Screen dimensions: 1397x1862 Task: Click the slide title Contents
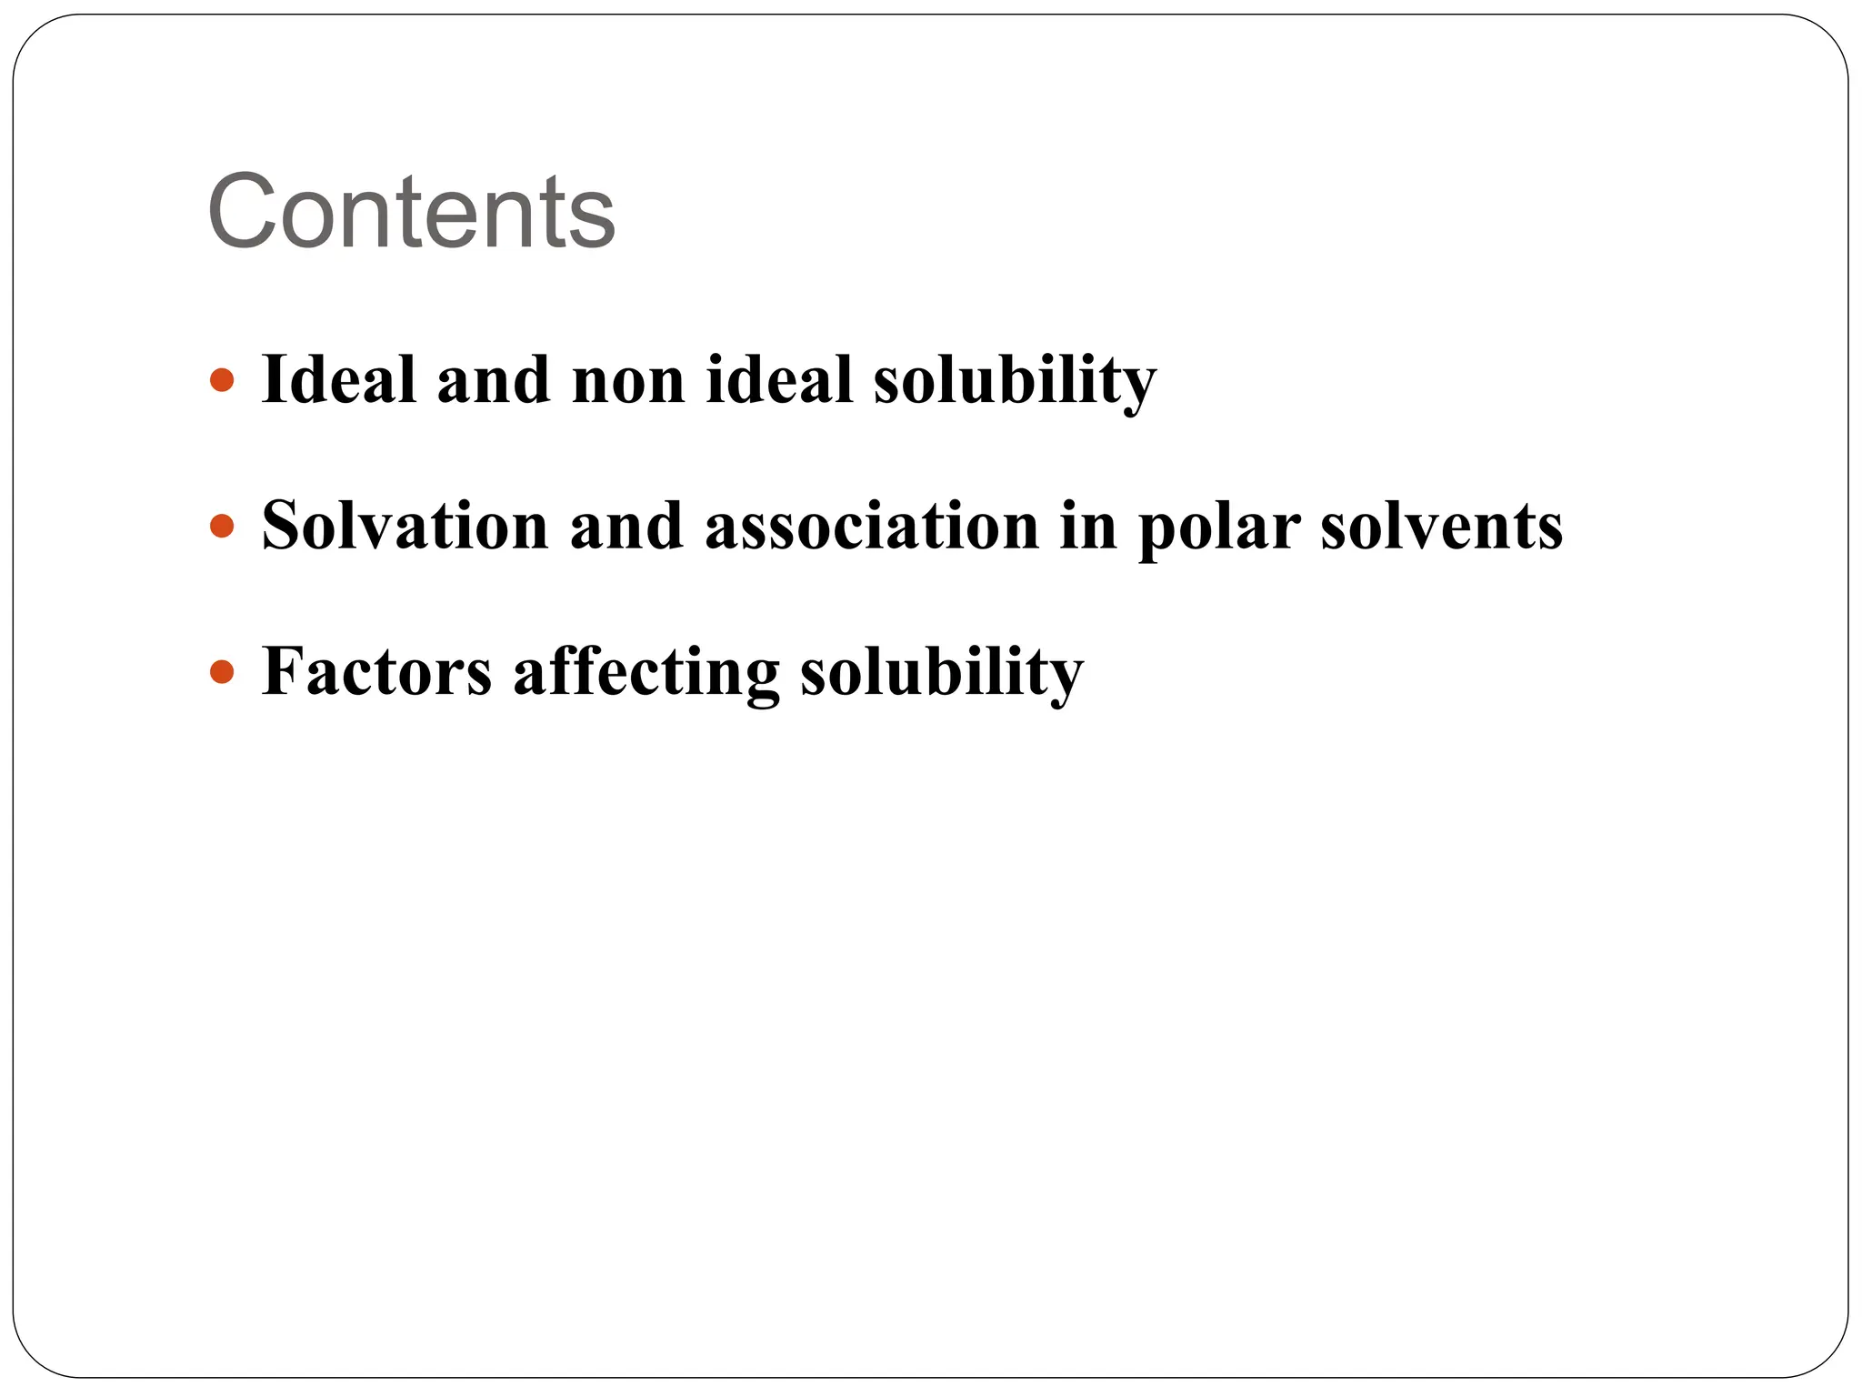[x=411, y=212]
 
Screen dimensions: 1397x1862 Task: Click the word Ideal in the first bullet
[x=338, y=379]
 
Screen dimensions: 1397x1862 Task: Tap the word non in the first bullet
[x=628, y=381]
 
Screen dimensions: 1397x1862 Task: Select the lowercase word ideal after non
[x=778, y=379]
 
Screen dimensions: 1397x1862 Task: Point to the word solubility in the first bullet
[x=1015, y=381]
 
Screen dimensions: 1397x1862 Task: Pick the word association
[x=872, y=526]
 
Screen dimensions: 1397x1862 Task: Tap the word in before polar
[x=1087, y=526]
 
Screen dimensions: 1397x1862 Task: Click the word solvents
[x=1441, y=527]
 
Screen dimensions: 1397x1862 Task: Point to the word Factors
[x=376, y=672]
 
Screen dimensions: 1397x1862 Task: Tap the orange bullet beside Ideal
[x=222, y=380]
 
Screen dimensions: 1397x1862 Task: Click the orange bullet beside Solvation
[x=222, y=526]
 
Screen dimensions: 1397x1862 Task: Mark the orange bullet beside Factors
[x=222, y=672]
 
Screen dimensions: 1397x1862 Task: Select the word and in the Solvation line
[x=626, y=526]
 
